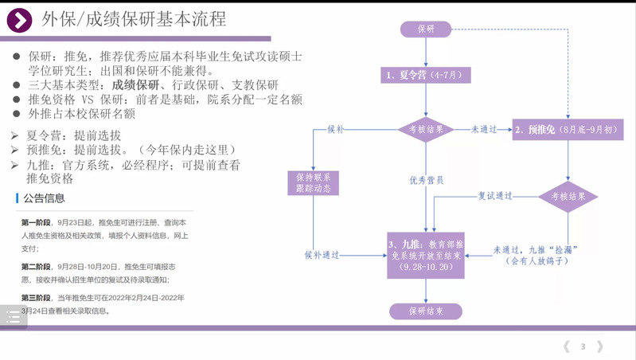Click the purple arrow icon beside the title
[x=19, y=19]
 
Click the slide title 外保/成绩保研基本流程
[x=133, y=18]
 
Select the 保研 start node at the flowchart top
[x=426, y=29]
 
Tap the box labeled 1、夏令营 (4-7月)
[x=426, y=76]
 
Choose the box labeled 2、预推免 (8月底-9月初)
[x=567, y=128]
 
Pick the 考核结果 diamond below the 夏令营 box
[x=426, y=128]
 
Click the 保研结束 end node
[x=426, y=311]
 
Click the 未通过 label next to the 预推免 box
[x=483, y=127]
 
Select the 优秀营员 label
[x=426, y=180]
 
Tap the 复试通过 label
[x=494, y=194]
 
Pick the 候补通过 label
[x=322, y=255]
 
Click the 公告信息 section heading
[x=45, y=198]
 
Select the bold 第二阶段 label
[x=36, y=266]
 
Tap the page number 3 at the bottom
[x=583, y=346]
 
